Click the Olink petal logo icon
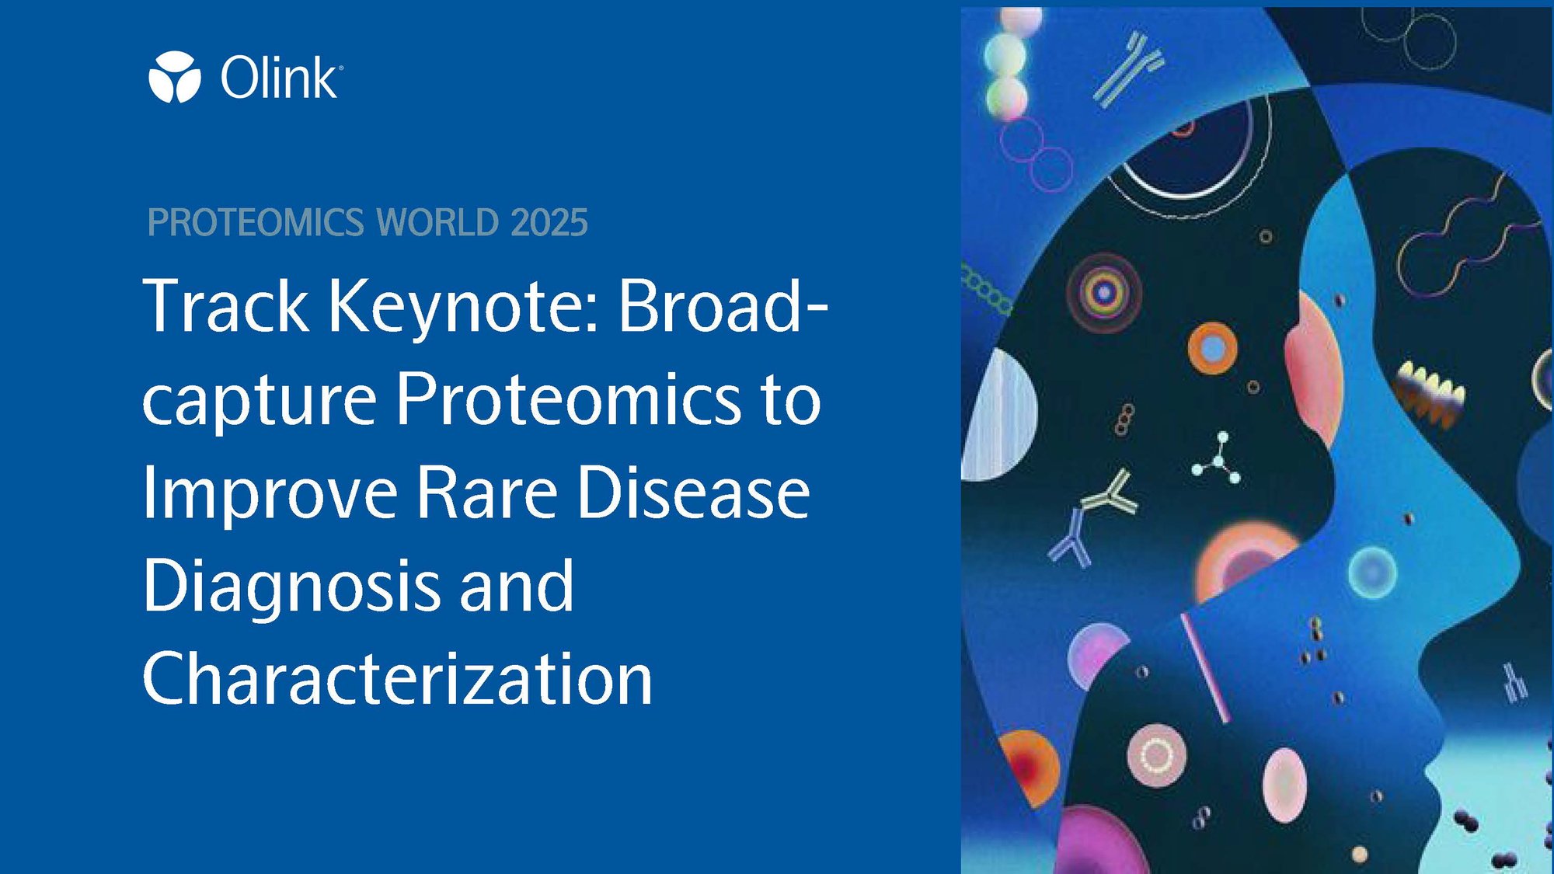tap(175, 77)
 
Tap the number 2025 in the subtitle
tap(549, 223)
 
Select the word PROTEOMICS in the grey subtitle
tap(256, 223)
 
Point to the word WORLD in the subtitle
tap(437, 223)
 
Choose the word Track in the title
tap(226, 305)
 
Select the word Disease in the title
tap(694, 492)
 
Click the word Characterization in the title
tap(397, 678)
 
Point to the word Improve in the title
tap(270, 496)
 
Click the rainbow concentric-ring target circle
tap(1104, 293)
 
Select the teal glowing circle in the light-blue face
tap(1372, 573)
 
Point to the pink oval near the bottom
tap(1284, 785)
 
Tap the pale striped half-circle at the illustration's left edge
tap(998, 415)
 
